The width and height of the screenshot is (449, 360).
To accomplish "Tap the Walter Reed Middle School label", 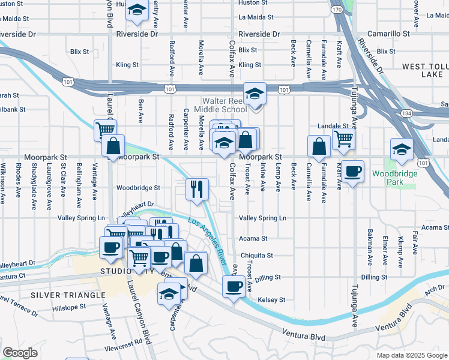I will click(x=224, y=105).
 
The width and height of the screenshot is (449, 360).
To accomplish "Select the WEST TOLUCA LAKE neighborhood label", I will click(x=421, y=70).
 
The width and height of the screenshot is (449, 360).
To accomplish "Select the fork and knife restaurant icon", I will click(x=197, y=189).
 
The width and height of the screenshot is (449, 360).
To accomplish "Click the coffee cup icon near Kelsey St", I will click(x=234, y=286).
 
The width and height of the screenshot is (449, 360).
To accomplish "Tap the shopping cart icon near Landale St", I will click(x=343, y=139).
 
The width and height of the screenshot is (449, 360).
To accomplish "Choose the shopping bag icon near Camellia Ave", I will click(x=319, y=146).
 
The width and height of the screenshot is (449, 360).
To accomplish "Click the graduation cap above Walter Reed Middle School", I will click(x=255, y=94).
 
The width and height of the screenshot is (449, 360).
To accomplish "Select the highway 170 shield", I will click(x=337, y=10).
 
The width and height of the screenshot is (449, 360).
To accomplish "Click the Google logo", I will click(x=20, y=353).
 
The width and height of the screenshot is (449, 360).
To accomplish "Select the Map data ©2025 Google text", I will click(x=411, y=355).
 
